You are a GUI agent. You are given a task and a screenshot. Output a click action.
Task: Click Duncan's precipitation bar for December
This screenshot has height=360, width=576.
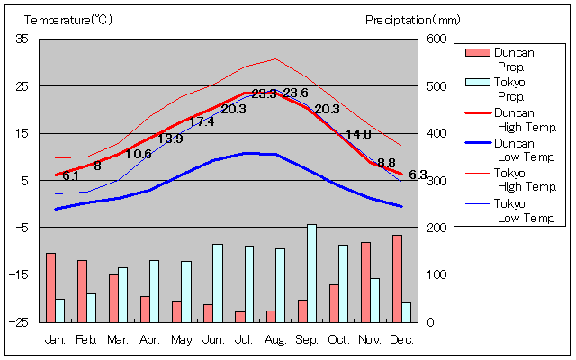click(397, 278)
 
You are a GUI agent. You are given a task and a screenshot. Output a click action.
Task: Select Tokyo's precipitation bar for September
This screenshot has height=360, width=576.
click(311, 273)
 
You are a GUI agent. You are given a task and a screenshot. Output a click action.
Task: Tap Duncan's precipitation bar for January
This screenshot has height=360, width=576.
click(50, 287)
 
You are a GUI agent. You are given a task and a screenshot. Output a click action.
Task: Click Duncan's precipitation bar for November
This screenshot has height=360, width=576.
click(365, 282)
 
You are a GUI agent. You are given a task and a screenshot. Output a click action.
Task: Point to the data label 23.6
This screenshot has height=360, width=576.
click(295, 94)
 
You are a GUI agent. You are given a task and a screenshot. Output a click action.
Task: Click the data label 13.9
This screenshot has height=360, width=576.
click(170, 139)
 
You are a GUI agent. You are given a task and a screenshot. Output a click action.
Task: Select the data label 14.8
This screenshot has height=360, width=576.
click(359, 135)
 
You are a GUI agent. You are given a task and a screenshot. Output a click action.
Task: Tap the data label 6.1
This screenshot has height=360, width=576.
click(70, 176)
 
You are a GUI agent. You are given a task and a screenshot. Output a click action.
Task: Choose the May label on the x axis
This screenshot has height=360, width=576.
click(181, 340)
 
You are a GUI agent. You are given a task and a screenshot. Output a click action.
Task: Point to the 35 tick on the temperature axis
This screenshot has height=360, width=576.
click(22, 39)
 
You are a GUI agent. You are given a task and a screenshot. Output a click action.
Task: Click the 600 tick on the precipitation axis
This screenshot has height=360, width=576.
click(436, 39)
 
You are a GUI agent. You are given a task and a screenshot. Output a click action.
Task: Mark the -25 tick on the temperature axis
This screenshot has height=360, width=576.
click(20, 321)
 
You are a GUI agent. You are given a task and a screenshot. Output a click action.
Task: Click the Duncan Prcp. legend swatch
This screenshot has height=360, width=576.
click(477, 52)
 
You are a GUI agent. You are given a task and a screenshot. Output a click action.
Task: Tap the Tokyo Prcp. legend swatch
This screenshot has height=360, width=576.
click(477, 82)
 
